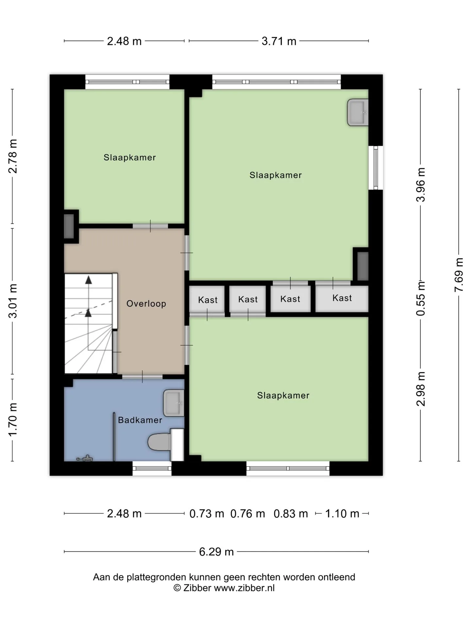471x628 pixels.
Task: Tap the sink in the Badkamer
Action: click(174, 403)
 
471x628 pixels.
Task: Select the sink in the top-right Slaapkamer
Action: click(358, 113)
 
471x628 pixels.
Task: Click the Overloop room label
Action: click(146, 304)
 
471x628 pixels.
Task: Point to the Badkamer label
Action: click(140, 420)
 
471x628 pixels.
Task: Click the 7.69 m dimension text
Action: click(459, 275)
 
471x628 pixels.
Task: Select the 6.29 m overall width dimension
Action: click(217, 552)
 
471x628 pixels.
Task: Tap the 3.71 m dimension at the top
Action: click(279, 41)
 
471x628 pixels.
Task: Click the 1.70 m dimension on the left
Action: click(13, 420)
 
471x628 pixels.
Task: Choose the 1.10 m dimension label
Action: click(342, 514)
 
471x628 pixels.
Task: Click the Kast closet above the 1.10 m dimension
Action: click(342, 299)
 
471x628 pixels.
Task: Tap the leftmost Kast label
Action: click(208, 300)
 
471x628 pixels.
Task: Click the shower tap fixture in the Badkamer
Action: click(85, 458)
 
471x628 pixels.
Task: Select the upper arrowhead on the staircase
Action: click(88, 280)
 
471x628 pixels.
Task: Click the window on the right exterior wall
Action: click(375, 167)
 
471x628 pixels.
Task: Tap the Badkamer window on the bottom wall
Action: click(152, 468)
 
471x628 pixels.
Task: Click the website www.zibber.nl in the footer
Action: click(244, 588)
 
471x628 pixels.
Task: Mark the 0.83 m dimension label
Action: click(291, 514)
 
